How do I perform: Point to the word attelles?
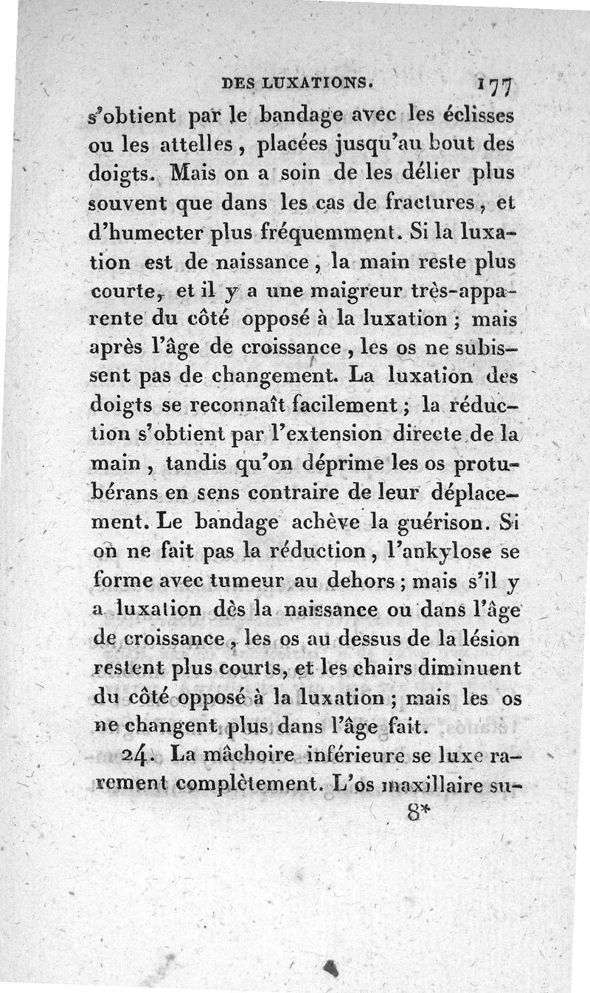click(208, 147)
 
